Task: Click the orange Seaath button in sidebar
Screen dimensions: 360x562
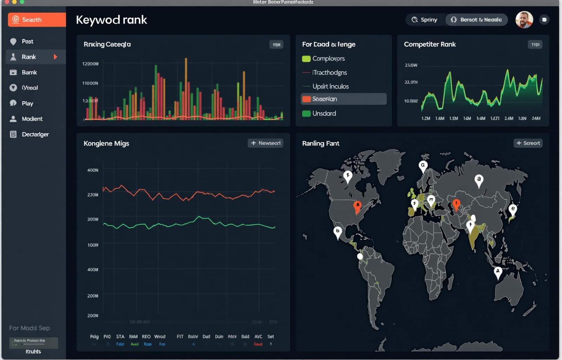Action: (x=36, y=20)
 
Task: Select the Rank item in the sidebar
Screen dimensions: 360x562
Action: (x=29, y=57)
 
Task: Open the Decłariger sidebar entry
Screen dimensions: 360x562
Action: (x=35, y=134)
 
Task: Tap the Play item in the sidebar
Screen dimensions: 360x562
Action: (x=27, y=103)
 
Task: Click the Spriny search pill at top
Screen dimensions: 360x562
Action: (x=424, y=20)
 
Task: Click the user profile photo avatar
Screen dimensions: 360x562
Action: (x=524, y=20)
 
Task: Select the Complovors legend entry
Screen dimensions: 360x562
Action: (x=328, y=59)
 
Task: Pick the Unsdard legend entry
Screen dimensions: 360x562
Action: (x=324, y=114)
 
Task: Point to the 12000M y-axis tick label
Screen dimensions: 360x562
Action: (x=90, y=64)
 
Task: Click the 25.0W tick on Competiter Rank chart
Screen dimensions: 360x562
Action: (x=411, y=65)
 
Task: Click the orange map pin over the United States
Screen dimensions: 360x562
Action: (x=357, y=206)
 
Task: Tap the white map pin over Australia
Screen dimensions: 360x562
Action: (x=498, y=272)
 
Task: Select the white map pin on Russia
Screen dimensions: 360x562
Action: (x=478, y=180)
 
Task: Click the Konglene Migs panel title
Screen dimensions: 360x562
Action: (x=106, y=143)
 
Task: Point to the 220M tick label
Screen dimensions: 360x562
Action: (x=93, y=195)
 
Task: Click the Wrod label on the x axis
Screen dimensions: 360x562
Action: (x=159, y=336)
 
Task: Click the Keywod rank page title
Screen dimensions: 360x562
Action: (x=111, y=20)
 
